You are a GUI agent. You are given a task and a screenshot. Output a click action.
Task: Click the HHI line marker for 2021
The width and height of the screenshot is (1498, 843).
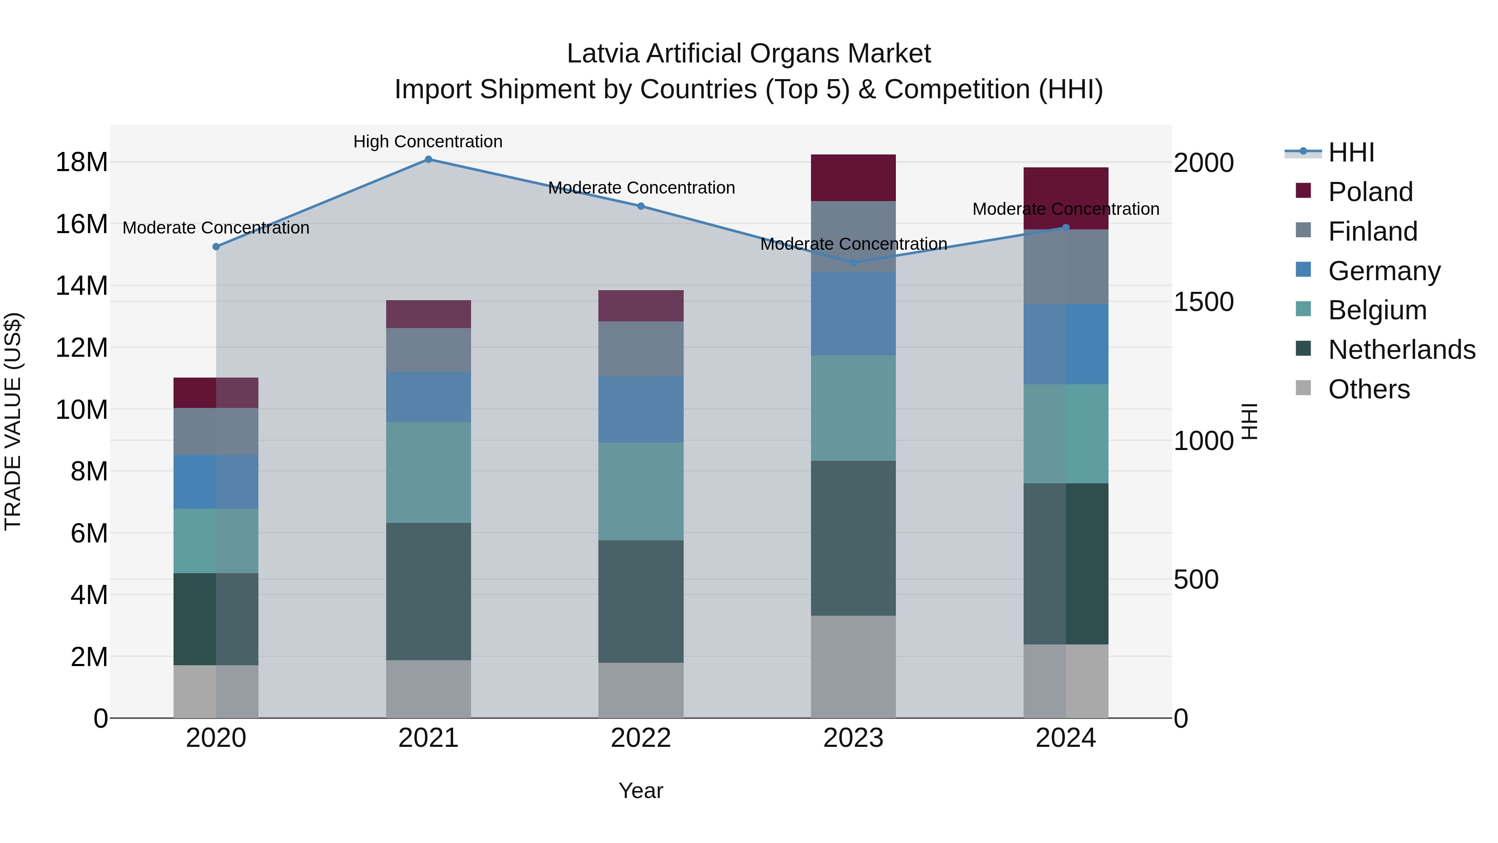[428, 159]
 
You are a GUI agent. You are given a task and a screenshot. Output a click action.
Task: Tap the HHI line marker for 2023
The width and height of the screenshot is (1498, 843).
[853, 263]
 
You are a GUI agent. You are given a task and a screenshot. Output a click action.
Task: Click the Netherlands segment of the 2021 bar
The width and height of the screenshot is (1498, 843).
[428, 591]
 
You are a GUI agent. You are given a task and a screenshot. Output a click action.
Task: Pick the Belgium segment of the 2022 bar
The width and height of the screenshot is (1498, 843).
[641, 491]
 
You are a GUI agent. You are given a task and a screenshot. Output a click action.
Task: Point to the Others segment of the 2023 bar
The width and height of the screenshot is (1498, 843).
[853, 667]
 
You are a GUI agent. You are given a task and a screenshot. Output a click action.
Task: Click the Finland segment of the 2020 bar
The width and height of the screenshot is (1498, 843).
[216, 431]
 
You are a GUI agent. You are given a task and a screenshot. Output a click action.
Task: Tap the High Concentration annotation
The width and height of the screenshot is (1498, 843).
[428, 142]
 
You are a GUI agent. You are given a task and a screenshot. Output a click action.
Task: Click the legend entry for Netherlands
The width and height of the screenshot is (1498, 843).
[1401, 350]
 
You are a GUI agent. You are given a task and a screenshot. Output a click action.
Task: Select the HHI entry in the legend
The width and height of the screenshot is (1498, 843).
[1351, 152]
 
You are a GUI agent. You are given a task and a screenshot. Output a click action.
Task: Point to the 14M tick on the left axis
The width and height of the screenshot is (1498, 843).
[82, 286]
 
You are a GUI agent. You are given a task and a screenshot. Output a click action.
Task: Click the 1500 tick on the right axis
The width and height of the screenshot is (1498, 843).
[1203, 301]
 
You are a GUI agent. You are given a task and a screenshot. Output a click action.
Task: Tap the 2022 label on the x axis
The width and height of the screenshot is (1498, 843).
[641, 738]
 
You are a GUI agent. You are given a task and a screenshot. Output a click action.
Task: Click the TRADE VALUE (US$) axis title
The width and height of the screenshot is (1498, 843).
[13, 421]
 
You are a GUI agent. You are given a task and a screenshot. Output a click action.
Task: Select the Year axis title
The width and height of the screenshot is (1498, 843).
[641, 791]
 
